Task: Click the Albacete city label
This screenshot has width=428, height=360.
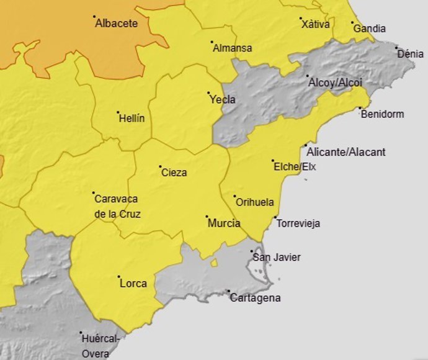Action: (x=117, y=24)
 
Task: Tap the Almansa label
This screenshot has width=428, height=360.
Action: (x=233, y=48)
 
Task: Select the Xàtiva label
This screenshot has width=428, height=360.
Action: (x=316, y=25)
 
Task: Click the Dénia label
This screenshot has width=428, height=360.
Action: (x=411, y=53)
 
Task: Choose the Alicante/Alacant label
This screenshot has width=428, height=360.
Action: (x=346, y=152)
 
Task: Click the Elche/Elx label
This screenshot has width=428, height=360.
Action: (x=295, y=166)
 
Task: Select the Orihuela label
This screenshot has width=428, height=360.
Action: (x=255, y=202)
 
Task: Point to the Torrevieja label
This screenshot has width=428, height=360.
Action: (x=298, y=223)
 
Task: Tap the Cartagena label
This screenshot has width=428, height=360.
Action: (x=255, y=298)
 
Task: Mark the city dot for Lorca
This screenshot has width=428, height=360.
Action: (x=118, y=277)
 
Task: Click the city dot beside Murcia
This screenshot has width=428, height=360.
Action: (x=207, y=217)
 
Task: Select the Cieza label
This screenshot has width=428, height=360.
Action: (x=174, y=173)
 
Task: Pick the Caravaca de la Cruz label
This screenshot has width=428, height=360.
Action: (x=117, y=207)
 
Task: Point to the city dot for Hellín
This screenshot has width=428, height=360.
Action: (x=118, y=112)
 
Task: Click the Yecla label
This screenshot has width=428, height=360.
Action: (x=223, y=99)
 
